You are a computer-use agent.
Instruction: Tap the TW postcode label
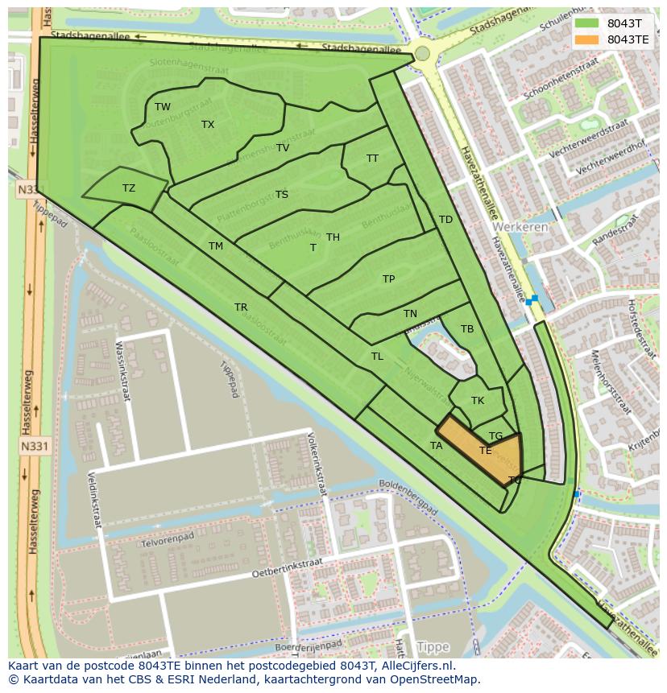pyautogui.click(x=163, y=107)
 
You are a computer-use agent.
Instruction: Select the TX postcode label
pyautogui.click(x=208, y=125)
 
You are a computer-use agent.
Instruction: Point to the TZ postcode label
pyautogui.click(x=129, y=188)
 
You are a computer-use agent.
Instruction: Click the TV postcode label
pyautogui.click(x=283, y=148)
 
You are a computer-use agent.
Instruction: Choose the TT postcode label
pyautogui.click(x=372, y=159)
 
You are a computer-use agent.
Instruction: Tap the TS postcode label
pyautogui.click(x=282, y=195)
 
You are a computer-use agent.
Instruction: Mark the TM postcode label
pyautogui.click(x=216, y=246)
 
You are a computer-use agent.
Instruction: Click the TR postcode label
pyautogui.click(x=241, y=307)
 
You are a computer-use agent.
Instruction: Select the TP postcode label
pyautogui.click(x=389, y=279)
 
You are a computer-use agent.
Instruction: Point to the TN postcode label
pyautogui.click(x=411, y=314)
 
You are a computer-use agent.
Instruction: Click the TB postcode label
pyautogui.click(x=467, y=329)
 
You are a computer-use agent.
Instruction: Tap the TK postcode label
pyautogui.click(x=478, y=401)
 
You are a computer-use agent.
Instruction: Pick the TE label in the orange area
pyautogui.click(x=486, y=451)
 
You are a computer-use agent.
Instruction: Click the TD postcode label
pyautogui.click(x=445, y=220)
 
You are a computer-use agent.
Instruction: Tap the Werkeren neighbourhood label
pyautogui.click(x=520, y=227)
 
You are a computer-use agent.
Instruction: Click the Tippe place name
pyautogui.click(x=433, y=647)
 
